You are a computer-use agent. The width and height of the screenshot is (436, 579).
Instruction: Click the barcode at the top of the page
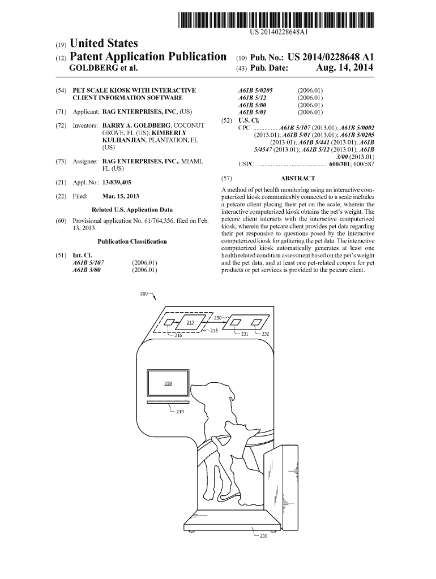tap(276, 20)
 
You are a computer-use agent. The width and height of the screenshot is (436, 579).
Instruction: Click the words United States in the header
tap(104, 44)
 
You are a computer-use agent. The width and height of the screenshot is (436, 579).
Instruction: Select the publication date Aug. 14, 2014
tap(344, 68)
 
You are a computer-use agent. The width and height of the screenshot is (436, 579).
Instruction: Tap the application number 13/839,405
tap(117, 183)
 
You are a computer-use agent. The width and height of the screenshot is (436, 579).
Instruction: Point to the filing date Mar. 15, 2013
tap(121, 196)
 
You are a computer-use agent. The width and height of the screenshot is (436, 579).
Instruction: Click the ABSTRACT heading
tap(298, 178)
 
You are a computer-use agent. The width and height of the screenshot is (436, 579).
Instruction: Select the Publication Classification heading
tap(132, 241)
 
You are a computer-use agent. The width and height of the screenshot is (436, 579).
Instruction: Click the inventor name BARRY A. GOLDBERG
tap(136, 126)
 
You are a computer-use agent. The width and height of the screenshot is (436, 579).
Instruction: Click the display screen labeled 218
tap(168, 383)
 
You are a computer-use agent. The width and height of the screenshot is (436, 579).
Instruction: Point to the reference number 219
tap(179, 412)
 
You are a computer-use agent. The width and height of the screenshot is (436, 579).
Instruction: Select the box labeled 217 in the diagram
tap(190, 322)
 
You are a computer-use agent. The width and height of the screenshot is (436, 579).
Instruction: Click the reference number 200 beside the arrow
tap(143, 294)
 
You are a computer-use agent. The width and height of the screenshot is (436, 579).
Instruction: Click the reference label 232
tap(265, 334)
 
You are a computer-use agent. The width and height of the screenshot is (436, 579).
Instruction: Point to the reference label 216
tap(178, 336)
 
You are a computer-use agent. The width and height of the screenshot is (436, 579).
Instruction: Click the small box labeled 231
tap(235, 322)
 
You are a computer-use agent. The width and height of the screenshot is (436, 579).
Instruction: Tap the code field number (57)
tap(226, 178)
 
